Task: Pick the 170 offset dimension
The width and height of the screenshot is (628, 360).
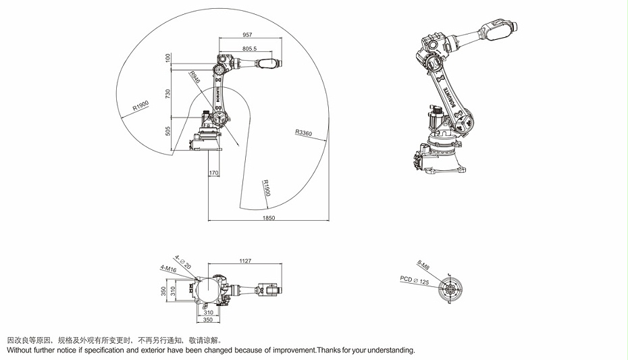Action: click(x=214, y=173)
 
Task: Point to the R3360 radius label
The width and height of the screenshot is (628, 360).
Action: click(x=303, y=133)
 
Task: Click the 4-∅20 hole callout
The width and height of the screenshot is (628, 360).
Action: click(x=182, y=258)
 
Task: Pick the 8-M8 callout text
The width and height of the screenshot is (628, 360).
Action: click(x=423, y=264)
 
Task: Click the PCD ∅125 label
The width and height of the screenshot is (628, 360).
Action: click(x=414, y=279)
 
